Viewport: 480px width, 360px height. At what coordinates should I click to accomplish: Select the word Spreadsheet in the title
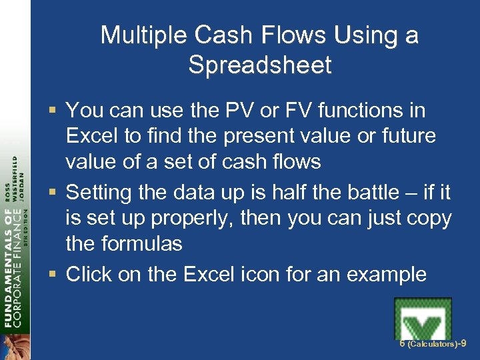pos(259,65)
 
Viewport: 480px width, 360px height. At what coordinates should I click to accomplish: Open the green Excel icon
pos(423,319)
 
